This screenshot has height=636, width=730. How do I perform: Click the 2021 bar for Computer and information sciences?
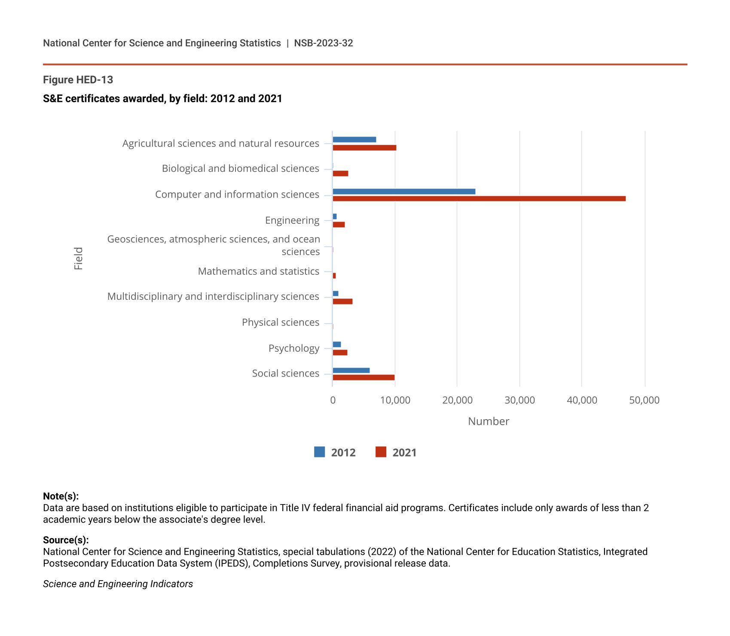(x=479, y=198)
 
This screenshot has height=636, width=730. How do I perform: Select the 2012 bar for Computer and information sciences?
(x=404, y=192)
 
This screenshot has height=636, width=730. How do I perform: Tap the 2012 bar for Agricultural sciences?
(x=354, y=140)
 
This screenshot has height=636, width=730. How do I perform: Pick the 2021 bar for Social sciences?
(x=363, y=377)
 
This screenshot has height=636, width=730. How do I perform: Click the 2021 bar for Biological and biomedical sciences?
(x=340, y=173)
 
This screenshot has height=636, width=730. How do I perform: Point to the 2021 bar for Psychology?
(x=340, y=353)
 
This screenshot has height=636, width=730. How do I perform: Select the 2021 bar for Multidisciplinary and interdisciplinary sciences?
(x=342, y=301)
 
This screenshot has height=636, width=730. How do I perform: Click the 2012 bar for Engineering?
(x=335, y=216)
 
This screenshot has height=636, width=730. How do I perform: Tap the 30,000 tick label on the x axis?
(x=519, y=400)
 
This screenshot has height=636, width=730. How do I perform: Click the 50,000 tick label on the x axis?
(x=644, y=400)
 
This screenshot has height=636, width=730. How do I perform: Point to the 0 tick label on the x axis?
(x=333, y=400)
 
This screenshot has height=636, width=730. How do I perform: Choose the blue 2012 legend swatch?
(x=319, y=452)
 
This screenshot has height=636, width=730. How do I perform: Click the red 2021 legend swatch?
(x=381, y=452)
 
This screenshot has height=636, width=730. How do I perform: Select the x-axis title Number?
(x=489, y=421)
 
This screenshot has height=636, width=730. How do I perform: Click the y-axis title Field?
(x=78, y=259)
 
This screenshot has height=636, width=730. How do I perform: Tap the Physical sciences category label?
(x=281, y=323)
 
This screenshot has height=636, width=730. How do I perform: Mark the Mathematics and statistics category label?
(x=259, y=271)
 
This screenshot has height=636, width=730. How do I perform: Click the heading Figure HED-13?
(x=78, y=80)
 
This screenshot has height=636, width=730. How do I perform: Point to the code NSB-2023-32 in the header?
(x=324, y=43)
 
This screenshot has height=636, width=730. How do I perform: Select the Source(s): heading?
(x=66, y=540)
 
